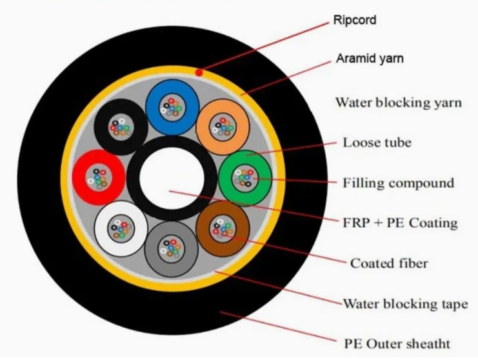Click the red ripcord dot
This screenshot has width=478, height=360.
point(199,72)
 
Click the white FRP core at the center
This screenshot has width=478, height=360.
point(172,178)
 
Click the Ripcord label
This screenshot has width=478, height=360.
point(355,20)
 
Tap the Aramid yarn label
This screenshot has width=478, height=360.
point(370,58)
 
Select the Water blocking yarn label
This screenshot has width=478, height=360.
point(399,103)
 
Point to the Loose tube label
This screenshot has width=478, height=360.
point(377,143)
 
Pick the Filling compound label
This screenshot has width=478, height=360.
point(399,183)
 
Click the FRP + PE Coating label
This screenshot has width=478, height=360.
point(400,223)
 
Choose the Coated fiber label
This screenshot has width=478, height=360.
point(389,263)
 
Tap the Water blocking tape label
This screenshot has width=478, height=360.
point(406,304)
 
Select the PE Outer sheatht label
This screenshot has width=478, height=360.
point(397,344)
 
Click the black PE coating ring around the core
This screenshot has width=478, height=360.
point(134,178)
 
